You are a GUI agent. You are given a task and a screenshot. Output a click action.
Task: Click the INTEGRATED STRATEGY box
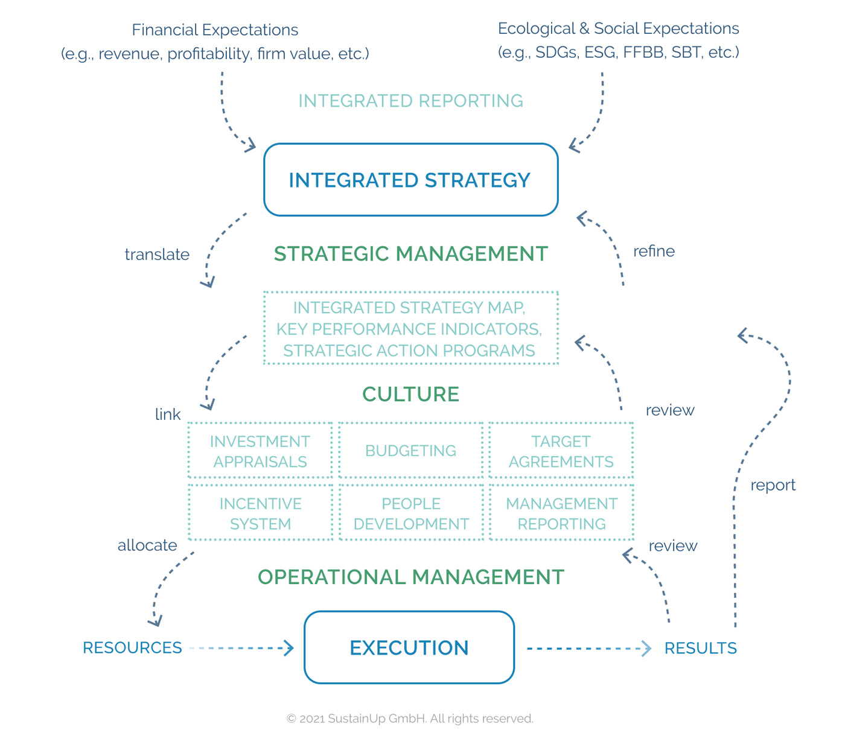(x=410, y=180)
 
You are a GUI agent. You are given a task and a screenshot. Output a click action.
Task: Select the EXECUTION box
(x=409, y=647)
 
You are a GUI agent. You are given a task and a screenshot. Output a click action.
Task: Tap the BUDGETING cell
(x=410, y=451)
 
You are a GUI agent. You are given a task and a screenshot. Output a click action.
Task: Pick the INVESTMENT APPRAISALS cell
(x=260, y=451)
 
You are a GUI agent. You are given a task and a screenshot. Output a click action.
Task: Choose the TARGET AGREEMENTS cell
(x=561, y=451)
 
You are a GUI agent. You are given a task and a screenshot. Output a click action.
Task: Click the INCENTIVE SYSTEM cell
(x=260, y=513)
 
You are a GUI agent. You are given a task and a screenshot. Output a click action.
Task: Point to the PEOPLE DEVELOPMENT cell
(x=410, y=513)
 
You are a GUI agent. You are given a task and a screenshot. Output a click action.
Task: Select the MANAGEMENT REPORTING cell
(x=561, y=513)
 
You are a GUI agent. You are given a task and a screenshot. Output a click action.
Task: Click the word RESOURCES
(x=132, y=648)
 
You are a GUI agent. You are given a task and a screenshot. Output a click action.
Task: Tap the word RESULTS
(x=700, y=648)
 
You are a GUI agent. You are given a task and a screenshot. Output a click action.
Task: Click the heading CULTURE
(x=410, y=394)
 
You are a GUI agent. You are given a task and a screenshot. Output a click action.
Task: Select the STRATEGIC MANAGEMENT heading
(x=410, y=254)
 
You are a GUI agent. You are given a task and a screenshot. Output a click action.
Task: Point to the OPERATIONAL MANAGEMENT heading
(x=410, y=577)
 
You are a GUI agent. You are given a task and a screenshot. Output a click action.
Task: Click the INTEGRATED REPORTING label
(x=410, y=101)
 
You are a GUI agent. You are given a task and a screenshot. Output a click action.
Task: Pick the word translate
(x=157, y=255)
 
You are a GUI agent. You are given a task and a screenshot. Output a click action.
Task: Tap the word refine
(x=654, y=251)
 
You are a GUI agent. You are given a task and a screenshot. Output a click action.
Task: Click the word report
(x=773, y=485)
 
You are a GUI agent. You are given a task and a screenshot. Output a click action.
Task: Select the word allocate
(x=147, y=545)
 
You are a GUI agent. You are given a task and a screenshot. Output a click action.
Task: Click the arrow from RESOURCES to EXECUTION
(x=241, y=648)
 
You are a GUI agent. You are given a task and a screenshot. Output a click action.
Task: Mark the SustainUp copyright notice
(x=410, y=719)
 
